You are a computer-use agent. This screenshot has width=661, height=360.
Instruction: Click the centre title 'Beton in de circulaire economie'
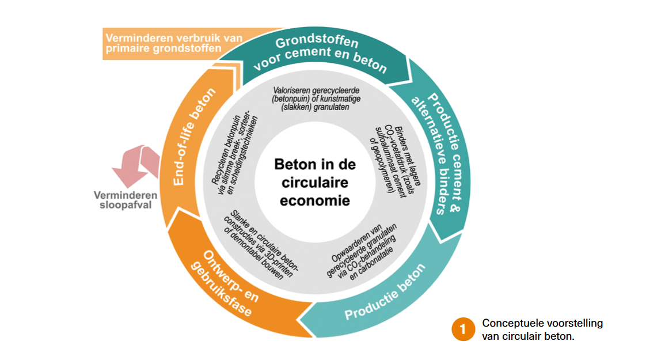tap(314, 183)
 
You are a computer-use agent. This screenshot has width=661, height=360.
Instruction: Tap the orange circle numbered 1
tap(462, 329)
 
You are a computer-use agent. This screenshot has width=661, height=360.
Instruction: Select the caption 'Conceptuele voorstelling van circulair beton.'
tap(542, 329)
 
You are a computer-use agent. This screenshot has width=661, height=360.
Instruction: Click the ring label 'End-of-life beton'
tap(193, 137)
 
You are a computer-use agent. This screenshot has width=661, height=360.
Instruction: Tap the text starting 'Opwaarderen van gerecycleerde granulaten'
tap(371, 247)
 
